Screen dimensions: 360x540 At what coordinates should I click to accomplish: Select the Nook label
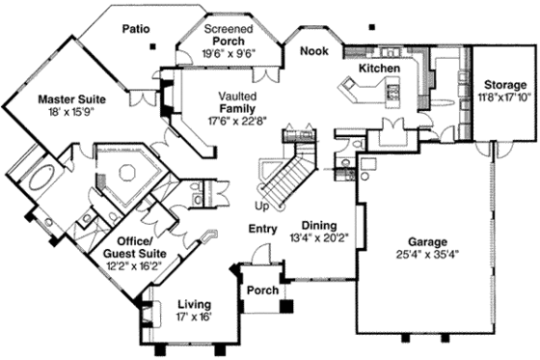pos(314,50)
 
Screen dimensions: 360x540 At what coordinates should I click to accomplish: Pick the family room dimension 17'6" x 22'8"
pos(236,121)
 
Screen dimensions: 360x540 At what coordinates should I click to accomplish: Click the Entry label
pos(261,229)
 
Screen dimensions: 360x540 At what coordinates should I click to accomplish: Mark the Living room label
pos(194,304)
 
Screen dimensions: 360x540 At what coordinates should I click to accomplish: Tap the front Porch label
pos(262,291)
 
